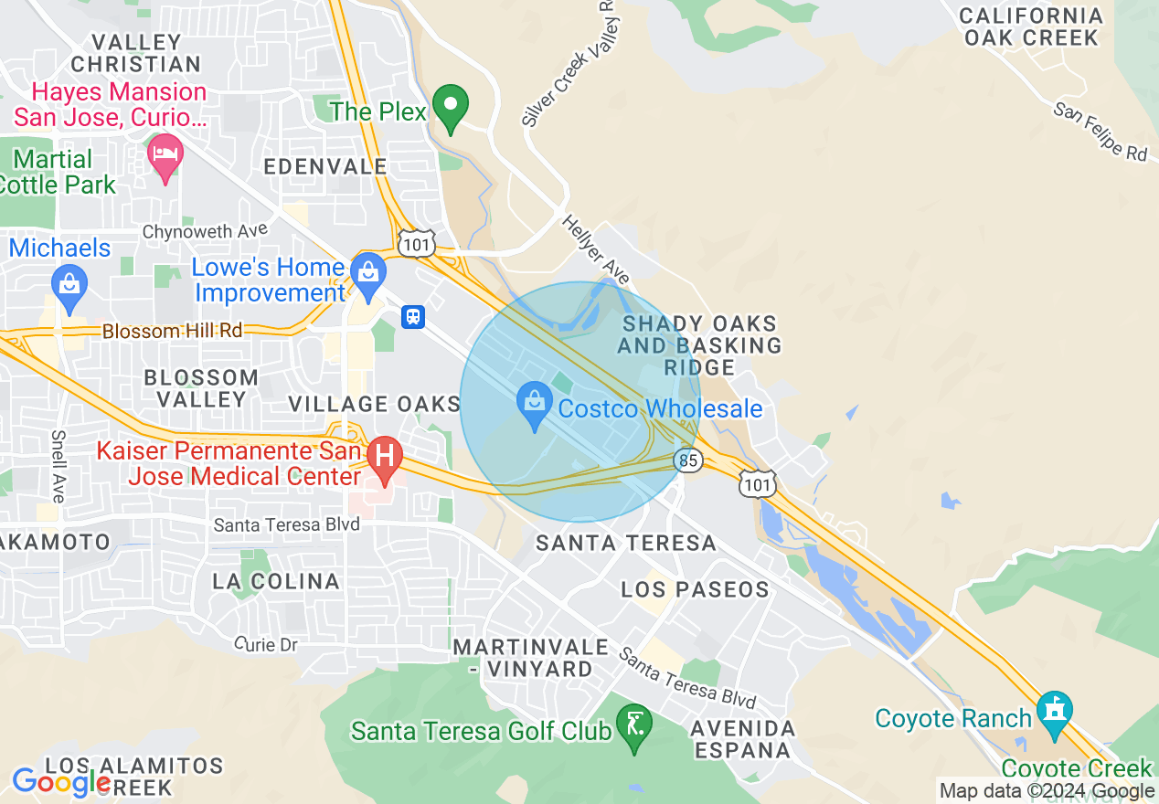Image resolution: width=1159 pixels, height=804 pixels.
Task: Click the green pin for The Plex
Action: (x=450, y=108)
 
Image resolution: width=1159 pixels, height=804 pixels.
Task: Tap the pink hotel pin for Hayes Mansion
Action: (x=165, y=157)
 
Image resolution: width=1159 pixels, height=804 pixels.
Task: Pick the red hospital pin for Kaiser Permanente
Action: (x=385, y=458)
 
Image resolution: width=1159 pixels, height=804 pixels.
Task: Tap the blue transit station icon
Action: (x=413, y=316)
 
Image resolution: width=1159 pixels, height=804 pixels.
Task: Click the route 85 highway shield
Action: (x=690, y=460)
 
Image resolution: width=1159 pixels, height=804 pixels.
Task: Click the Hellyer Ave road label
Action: (x=596, y=249)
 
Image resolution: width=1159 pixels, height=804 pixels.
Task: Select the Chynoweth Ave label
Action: (x=206, y=231)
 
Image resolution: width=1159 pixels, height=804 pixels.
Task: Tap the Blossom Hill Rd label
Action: (x=173, y=331)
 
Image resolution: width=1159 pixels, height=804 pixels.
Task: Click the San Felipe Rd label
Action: (x=1100, y=131)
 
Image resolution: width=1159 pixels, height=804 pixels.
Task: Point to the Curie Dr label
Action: (x=266, y=645)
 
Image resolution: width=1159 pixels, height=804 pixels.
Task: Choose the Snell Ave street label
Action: (x=58, y=466)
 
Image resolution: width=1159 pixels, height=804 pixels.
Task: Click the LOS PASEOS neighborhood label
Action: (x=696, y=589)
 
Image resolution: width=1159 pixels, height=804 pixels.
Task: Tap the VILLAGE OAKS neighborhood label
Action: (x=374, y=404)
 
